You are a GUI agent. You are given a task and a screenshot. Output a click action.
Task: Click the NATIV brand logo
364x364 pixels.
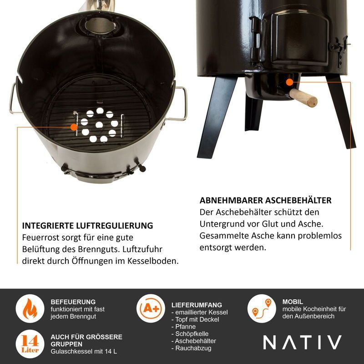pos(302,342)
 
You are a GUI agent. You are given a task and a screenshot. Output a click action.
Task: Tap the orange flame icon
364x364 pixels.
pos(30,308)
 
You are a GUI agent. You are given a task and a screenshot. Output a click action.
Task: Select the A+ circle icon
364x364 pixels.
pos(151,308)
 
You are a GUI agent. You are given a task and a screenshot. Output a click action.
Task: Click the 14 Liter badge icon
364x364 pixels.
pos(30,344)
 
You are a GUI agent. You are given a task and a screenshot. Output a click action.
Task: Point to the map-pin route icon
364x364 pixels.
pos(262,308)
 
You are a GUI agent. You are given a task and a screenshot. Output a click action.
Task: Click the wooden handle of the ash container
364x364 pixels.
pos(303,97)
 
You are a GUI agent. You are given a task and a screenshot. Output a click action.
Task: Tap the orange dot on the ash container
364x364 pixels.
pos(289,82)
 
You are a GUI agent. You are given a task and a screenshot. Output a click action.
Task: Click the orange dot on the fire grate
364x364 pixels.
pos(74,127)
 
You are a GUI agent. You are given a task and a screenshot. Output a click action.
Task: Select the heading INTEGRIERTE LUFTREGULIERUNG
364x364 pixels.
pos(87,226)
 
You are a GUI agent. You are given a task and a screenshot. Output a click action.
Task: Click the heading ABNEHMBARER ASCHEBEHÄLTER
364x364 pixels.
pos(266,200)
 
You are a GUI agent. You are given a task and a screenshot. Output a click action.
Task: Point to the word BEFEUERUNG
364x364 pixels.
pos(73,302)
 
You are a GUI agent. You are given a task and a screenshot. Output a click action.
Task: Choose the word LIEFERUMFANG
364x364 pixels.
pos(197,305)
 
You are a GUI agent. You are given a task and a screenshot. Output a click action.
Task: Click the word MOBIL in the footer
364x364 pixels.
pos(293,302)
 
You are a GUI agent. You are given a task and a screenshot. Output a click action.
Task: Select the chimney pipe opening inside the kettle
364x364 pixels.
pos(100,25)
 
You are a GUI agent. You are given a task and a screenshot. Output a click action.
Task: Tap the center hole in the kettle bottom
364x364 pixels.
pos(99,125)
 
